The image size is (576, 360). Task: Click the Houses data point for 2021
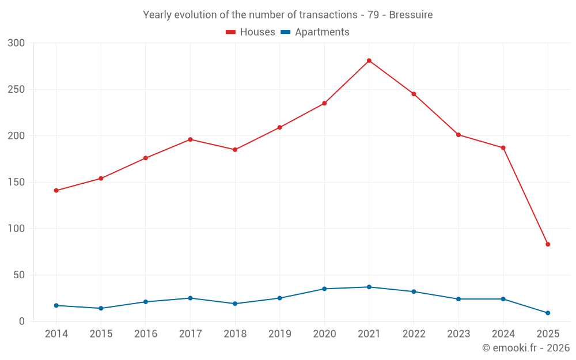(369, 60)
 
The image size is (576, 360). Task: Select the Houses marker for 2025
(548, 244)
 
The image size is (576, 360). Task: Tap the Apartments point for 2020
(324, 289)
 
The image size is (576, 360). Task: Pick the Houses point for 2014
(56, 191)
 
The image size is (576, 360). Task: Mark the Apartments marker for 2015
(101, 308)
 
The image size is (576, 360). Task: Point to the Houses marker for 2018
(235, 150)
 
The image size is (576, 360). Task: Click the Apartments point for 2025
(548, 313)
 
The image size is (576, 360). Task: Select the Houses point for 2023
(458, 135)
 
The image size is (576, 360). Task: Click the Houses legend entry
(251, 32)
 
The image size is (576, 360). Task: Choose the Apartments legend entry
(315, 32)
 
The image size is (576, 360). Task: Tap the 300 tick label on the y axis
(17, 43)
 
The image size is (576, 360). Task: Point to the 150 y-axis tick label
(17, 183)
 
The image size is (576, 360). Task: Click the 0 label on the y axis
(22, 321)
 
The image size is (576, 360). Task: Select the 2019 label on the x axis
(279, 334)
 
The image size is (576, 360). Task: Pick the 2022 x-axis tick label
(414, 334)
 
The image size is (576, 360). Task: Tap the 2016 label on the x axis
(145, 334)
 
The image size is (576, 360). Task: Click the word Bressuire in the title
(411, 14)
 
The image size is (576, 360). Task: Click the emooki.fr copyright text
(525, 348)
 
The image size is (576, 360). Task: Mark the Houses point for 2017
(190, 139)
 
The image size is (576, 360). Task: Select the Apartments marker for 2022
(414, 291)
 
